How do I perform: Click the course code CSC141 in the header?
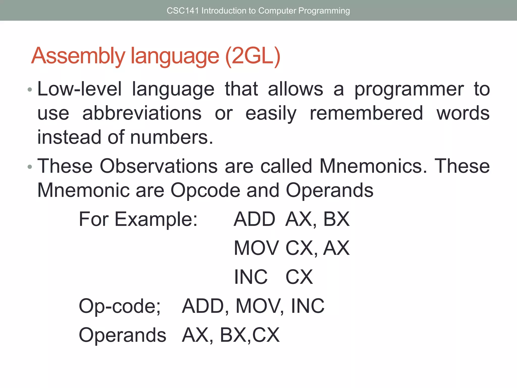tap(183, 11)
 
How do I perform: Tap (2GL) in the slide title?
tap(253, 56)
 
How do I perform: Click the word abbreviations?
tap(142, 113)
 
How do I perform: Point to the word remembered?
tap(366, 113)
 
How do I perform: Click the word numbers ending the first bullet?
tap(172, 137)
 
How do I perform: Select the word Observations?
tap(159, 166)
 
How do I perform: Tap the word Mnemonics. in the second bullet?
tap(373, 166)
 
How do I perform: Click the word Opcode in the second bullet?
tap(205, 190)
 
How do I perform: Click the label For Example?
tap(138, 219)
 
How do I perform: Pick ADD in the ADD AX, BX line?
tap(254, 219)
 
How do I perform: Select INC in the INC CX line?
tap(251, 277)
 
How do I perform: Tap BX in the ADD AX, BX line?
tap(337, 219)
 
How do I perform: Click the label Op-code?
tap(120, 306)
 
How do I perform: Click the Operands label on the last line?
tap(122, 335)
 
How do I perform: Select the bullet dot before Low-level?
tap(30, 90)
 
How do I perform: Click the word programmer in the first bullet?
tap(409, 89)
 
